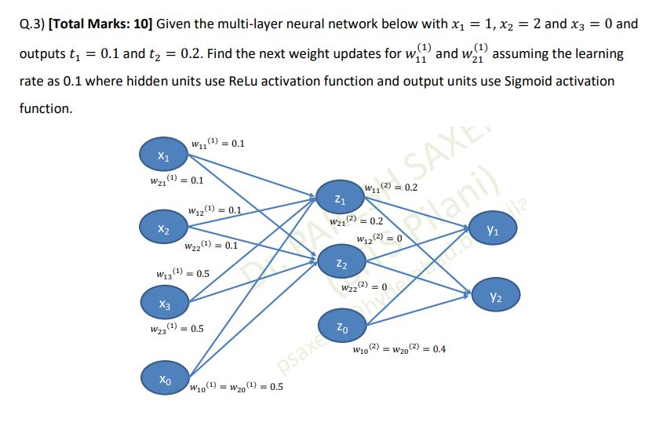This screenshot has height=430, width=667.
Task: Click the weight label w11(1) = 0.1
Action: point(218,144)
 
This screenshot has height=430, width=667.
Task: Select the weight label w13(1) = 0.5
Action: point(182,274)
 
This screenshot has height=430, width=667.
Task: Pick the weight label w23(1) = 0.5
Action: point(177,329)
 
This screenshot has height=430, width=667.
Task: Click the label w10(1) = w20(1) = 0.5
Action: point(236,387)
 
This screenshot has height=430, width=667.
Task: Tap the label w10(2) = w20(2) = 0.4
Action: point(399,348)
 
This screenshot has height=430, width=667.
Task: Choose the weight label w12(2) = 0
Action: point(379,238)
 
